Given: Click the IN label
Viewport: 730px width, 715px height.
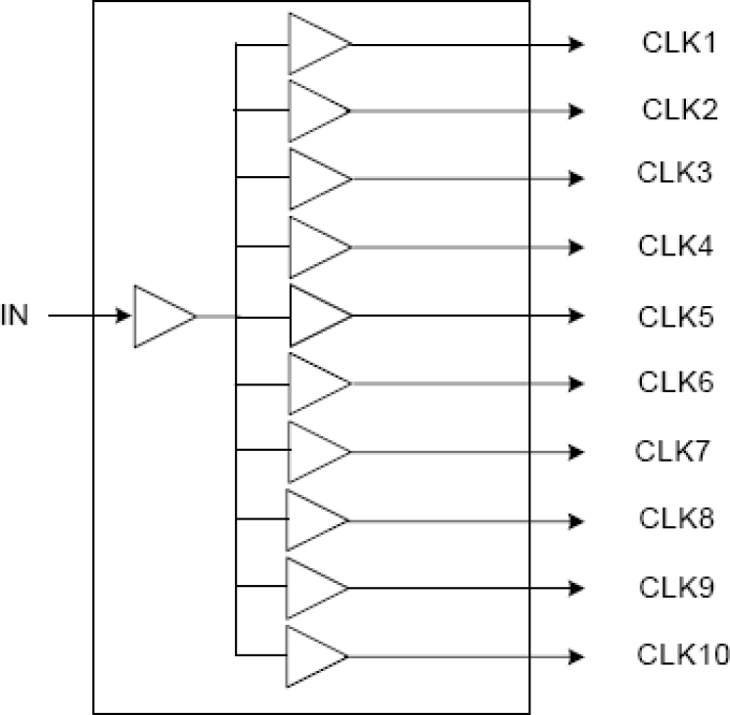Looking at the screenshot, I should pyautogui.click(x=14, y=316).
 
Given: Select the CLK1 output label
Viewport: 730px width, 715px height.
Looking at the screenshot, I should pyautogui.click(x=674, y=44).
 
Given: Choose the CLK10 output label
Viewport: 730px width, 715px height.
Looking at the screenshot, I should pyautogui.click(x=682, y=652).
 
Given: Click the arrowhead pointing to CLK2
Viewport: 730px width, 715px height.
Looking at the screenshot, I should pyautogui.click(x=577, y=111).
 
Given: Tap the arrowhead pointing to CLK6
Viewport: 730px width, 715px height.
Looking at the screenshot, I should pyautogui.click(x=577, y=383).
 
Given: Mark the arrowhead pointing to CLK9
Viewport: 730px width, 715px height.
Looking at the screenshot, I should pyautogui.click(x=577, y=588).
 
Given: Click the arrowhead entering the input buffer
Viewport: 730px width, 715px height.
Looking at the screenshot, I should pyautogui.click(x=124, y=316).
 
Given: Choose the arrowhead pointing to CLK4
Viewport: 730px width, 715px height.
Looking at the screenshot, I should pyautogui.click(x=577, y=246).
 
